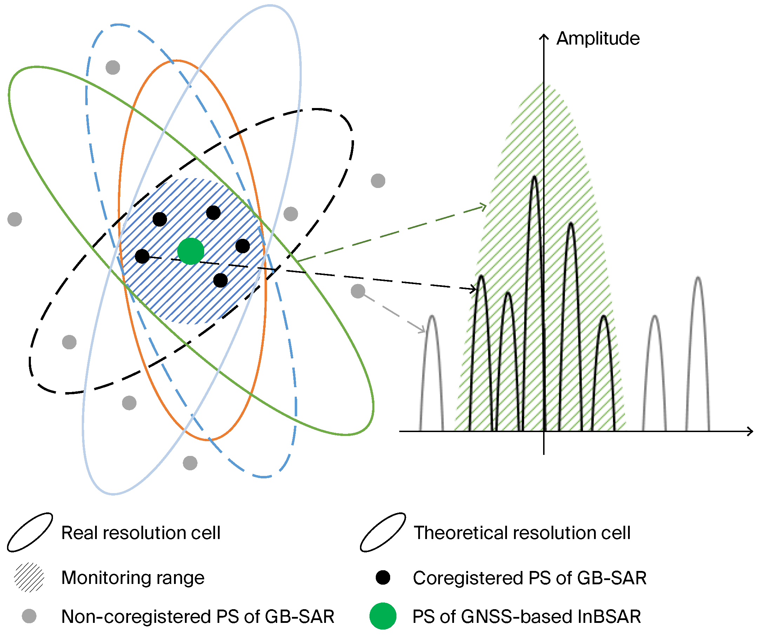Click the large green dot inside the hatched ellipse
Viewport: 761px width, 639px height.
point(191,251)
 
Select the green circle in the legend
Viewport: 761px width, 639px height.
point(383,616)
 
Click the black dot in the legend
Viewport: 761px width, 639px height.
point(383,577)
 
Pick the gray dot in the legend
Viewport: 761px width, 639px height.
point(29,616)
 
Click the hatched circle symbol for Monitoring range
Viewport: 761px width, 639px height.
point(29,577)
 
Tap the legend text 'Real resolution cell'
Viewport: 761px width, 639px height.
point(141,533)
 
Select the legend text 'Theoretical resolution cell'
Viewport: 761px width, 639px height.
point(522,533)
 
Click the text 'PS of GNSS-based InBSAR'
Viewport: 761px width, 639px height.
point(527,616)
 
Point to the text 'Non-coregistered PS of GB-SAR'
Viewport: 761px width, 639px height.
point(198,616)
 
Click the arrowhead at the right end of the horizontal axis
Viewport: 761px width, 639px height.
point(750,431)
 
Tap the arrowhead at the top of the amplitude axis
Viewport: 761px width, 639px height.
point(543,36)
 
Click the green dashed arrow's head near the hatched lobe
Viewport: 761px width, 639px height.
point(485,206)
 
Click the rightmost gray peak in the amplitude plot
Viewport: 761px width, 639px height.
point(698,279)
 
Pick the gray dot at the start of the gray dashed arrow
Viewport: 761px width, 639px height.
point(358,291)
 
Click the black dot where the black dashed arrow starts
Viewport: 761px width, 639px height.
point(142,256)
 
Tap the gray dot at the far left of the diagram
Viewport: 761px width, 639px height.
point(14,219)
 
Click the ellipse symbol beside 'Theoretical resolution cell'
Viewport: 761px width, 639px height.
point(383,532)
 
